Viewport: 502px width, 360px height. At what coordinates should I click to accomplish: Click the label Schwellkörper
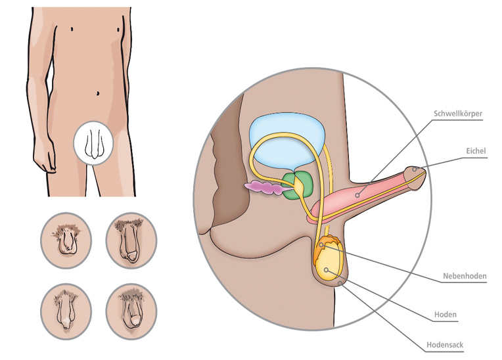(458, 114)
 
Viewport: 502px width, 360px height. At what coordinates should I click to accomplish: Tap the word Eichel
(476, 150)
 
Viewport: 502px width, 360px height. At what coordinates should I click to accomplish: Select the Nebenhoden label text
(465, 276)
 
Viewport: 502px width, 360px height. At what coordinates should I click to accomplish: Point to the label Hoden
(445, 315)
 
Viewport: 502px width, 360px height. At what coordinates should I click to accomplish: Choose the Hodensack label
(445, 345)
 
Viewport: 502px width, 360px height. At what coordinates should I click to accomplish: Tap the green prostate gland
(297, 186)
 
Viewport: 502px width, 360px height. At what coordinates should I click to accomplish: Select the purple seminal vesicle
(264, 187)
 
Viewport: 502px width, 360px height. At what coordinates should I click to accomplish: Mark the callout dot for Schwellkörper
(357, 195)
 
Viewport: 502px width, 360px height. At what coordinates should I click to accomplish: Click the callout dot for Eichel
(415, 169)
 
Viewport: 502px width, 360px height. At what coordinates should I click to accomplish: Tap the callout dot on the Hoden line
(327, 270)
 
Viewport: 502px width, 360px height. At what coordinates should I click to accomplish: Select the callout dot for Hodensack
(340, 284)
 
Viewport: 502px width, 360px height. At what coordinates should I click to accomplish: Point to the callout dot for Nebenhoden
(321, 245)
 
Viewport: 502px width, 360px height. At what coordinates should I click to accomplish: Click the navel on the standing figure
(98, 93)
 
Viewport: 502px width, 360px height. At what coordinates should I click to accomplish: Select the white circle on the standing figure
(93, 143)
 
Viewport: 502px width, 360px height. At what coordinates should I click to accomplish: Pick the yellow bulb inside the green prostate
(299, 186)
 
